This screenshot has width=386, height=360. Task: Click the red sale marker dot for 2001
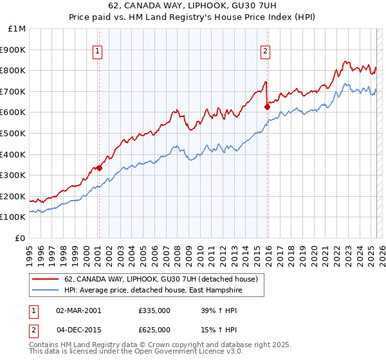(x=100, y=168)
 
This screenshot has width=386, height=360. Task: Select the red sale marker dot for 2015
(x=267, y=107)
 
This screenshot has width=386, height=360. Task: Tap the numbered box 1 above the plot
(x=97, y=53)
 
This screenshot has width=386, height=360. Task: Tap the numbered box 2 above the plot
(x=265, y=53)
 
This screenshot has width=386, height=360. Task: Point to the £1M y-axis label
(x=17, y=29)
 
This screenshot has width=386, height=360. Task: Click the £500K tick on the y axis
(x=14, y=134)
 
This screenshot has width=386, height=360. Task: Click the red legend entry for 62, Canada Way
(x=161, y=279)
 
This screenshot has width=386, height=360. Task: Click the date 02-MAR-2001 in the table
(x=78, y=310)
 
